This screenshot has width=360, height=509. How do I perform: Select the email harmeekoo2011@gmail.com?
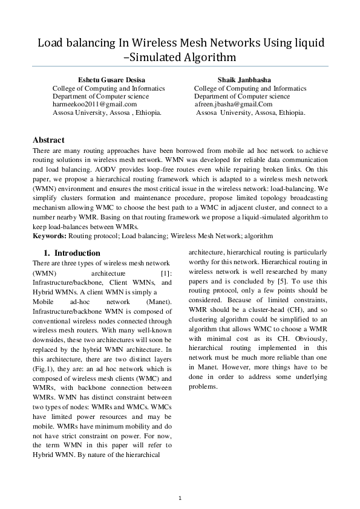[x=94, y=104]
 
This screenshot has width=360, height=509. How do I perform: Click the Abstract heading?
[x=48, y=140]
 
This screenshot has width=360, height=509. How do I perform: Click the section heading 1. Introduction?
[x=71, y=253]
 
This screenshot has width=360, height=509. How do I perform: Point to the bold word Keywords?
[x=50, y=235]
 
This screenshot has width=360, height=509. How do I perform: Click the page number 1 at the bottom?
[x=180, y=497]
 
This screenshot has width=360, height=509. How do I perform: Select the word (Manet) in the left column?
[x=159, y=300]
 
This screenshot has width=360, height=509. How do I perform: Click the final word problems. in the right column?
[x=203, y=386]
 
